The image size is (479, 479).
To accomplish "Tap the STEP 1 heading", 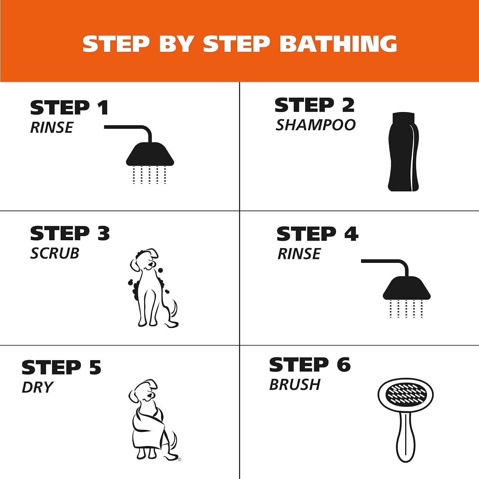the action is pyautogui.click(x=69, y=108).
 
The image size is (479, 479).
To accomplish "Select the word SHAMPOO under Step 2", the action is pyautogui.click(x=316, y=125).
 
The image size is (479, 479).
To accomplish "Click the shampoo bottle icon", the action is pyautogui.click(x=403, y=152).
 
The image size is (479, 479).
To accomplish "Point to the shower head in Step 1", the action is pyautogui.click(x=150, y=154).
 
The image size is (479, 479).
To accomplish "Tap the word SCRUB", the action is pyautogui.click(x=55, y=253).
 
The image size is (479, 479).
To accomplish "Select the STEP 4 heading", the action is pyautogui.click(x=317, y=234).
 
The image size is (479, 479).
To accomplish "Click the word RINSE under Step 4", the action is pyautogui.click(x=299, y=254).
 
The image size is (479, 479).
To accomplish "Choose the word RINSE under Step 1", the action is pyautogui.click(x=52, y=127).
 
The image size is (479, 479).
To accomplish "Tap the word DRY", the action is pyautogui.click(x=37, y=387).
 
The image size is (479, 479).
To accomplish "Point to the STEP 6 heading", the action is pyautogui.click(x=310, y=365).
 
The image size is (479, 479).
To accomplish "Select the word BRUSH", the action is pyautogui.click(x=295, y=384).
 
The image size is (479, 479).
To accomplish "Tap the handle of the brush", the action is pyautogui.click(x=406, y=437).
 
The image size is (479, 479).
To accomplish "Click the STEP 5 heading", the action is pyautogui.click(x=61, y=368).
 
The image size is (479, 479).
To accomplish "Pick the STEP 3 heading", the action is pyautogui.click(x=70, y=233).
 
